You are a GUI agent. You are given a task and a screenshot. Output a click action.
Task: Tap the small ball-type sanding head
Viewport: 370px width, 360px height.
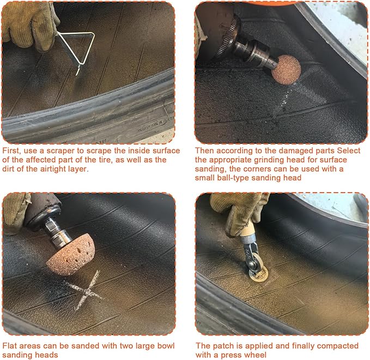pyautogui.click(x=286, y=69)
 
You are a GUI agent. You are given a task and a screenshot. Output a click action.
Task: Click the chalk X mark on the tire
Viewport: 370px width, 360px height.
pyautogui.click(x=86, y=290)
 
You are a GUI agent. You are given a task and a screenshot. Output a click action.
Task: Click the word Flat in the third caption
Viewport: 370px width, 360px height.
pyautogui.click(x=9, y=346)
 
